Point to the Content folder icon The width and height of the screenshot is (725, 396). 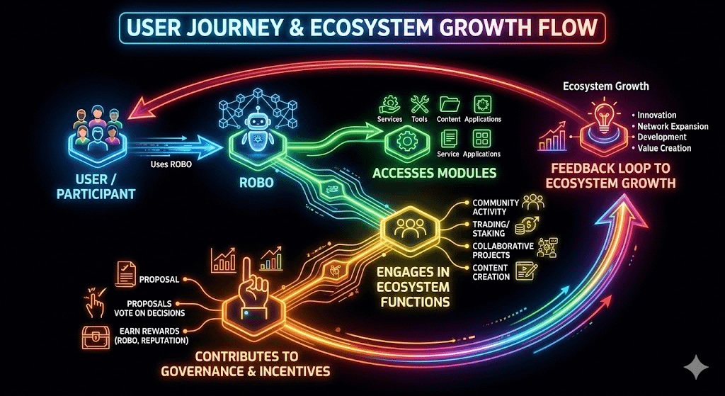pos(449,105)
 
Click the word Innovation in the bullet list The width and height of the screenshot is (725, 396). pos(656,115)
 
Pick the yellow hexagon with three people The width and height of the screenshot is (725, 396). pos(406,229)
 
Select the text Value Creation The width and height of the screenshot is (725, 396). pos(664,148)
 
